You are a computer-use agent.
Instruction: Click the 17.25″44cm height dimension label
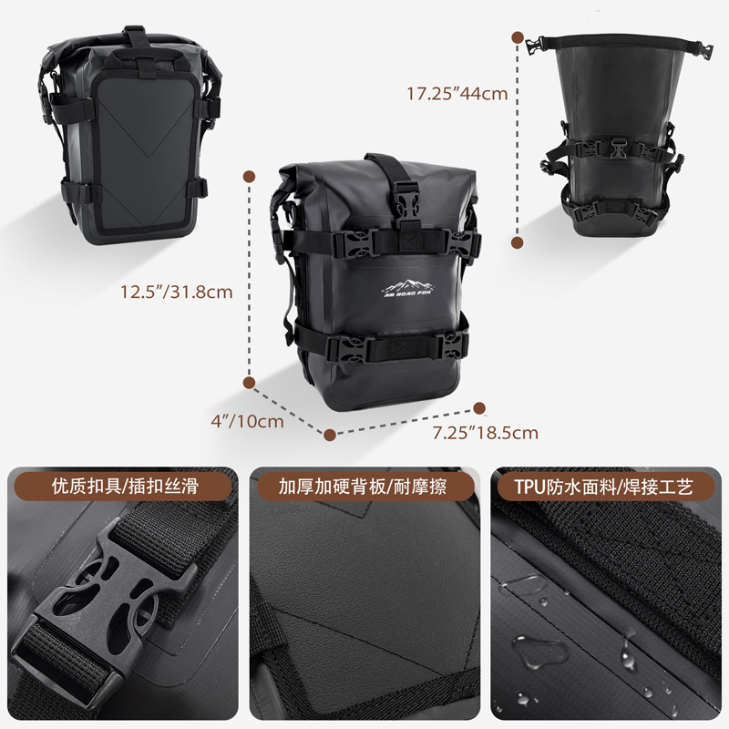457,92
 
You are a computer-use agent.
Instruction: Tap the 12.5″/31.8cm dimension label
177,293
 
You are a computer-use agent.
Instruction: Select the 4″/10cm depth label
247,421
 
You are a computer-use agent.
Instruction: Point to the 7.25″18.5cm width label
486,432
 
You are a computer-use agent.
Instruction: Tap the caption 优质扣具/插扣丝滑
125,486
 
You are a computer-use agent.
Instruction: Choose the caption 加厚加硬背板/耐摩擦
364,486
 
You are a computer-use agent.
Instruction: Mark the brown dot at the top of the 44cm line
519,37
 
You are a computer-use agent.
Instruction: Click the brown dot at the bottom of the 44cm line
519,244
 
